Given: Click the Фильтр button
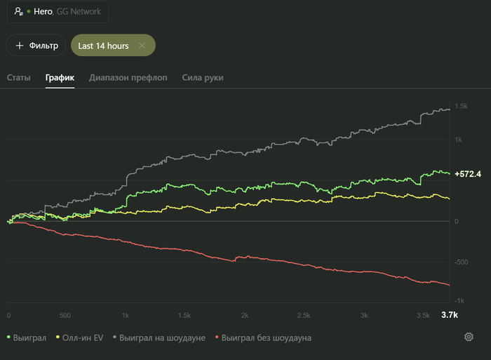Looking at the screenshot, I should [x=36, y=46].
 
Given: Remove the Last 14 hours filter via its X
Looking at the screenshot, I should [x=142, y=46].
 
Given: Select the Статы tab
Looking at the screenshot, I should [x=19, y=77].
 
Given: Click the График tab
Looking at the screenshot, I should [x=60, y=77].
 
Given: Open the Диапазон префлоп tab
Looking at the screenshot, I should [x=128, y=77].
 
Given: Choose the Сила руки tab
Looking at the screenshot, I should [x=203, y=77].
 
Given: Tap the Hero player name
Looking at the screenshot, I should [x=43, y=11].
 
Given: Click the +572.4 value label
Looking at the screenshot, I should [x=467, y=173].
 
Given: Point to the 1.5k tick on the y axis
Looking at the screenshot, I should [x=461, y=106].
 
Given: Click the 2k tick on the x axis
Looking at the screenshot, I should [x=244, y=315].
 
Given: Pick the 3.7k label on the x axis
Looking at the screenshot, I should [x=449, y=315].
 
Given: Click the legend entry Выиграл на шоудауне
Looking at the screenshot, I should [x=162, y=338].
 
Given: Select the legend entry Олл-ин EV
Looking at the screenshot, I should [x=83, y=338].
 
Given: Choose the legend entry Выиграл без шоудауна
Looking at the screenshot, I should [x=266, y=338].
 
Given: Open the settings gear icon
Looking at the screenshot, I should [x=469, y=337].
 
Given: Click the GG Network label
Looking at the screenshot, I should [x=79, y=11].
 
